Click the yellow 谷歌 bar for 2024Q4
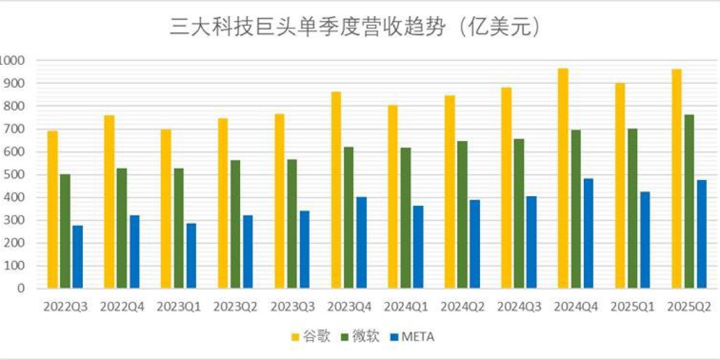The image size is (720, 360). [563, 178]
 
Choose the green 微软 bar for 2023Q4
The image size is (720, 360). [349, 217]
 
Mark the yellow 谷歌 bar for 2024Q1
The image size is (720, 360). [393, 197]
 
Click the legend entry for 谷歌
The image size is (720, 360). [311, 337]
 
